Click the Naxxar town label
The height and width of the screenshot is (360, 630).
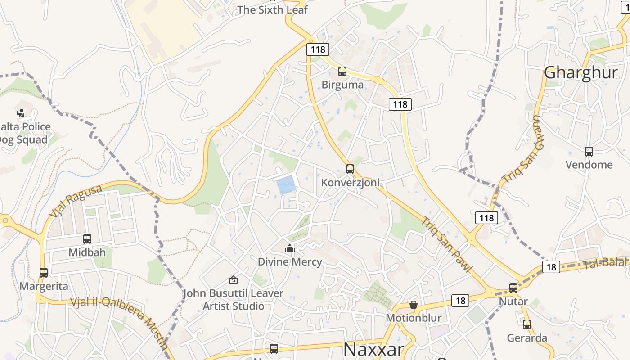pyautogui.click(x=373, y=349)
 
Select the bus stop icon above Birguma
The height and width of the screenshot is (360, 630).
pyautogui.click(x=342, y=71)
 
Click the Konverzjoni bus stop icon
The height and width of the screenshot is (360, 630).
pyautogui.click(x=350, y=169)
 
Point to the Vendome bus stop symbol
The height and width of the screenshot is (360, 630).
pyautogui.click(x=589, y=152)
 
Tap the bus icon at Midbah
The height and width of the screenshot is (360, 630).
pyautogui.click(x=87, y=239)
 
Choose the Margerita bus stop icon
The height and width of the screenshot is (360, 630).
pyautogui.click(x=44, y=273)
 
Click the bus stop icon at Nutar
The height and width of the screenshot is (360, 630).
pyautogui.click(x=513, y=288)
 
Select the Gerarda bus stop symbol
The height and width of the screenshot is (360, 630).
pyautogui.click(x=527, y=324)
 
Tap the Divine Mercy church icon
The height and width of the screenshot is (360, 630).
pyautogui.click(x=289, y=248)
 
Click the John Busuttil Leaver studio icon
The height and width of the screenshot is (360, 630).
pyautogui.click(x=233, y=280)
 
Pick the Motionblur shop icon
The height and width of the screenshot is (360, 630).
pyautogui.click(x=414, y=305)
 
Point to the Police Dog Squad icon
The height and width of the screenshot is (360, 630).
pyautogui.click(x=21, y=113)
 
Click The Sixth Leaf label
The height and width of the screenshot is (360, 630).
pyautogui.click(x=272, y=9)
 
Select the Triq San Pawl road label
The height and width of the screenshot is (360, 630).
pyautogui.click(x=448, y=245)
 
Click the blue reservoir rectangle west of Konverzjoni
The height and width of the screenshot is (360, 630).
pyautogui.click(x=286, y=185)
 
